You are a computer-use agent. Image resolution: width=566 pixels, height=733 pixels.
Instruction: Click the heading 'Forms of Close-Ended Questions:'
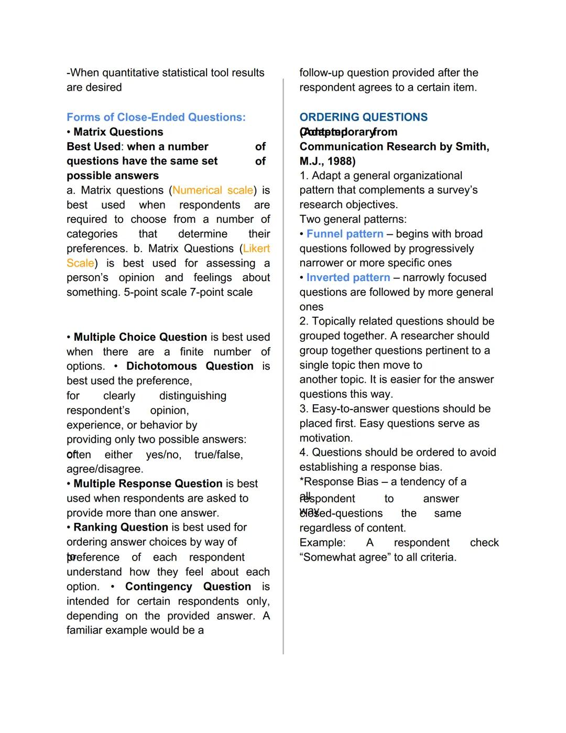[156, 117]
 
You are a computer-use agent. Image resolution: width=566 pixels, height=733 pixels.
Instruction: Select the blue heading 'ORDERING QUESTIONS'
[363, 117]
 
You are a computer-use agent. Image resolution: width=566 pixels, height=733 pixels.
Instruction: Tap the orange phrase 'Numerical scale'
[213, 190]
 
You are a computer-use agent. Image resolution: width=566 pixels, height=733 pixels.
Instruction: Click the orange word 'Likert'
[256, 249]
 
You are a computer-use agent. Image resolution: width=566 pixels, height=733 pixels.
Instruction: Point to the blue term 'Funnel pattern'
[344, 234]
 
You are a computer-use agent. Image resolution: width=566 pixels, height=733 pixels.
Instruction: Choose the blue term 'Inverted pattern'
[348, 277]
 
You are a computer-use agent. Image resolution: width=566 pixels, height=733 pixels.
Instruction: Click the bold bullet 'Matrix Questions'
[118, 132]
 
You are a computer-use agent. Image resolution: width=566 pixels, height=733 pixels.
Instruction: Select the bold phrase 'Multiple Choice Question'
[140, 337]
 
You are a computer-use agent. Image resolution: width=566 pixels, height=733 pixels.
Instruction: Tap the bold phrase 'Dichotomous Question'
[190, 366]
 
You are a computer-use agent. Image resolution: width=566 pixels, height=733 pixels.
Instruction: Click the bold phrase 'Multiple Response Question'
[148, 483]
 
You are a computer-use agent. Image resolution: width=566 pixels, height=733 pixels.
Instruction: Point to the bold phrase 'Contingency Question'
[188, 586]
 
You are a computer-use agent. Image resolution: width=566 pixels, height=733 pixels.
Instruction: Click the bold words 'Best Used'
[93, 146]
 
